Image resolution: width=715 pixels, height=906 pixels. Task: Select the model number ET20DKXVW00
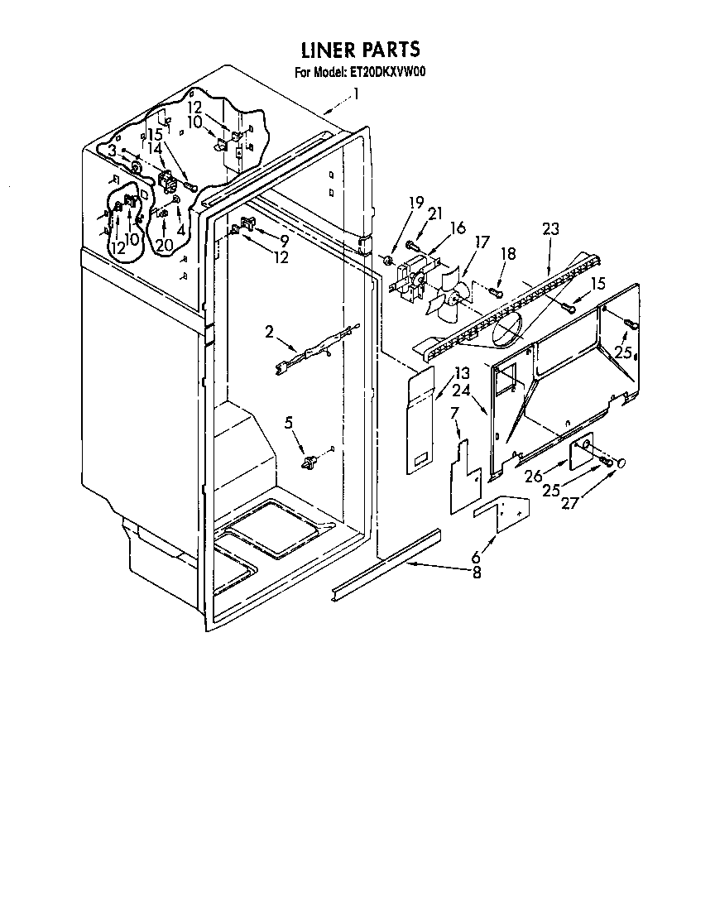click(x=387, y=72)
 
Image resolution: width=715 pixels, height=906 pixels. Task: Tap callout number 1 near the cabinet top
click(x=357, y=93)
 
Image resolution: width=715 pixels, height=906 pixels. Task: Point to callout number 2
click(x=270, y=332)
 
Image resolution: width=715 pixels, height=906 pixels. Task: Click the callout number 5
click(x=289, y=423)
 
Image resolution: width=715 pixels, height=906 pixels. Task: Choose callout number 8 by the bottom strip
click(x=477, y=573)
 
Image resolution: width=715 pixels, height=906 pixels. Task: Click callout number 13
click(x=461, y=374)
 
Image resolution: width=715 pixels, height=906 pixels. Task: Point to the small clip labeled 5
click(x=311, y=460)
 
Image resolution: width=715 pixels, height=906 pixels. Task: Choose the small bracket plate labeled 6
click(x=501, y=513)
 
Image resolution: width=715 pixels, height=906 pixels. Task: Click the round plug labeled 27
click(x=621, y=463)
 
